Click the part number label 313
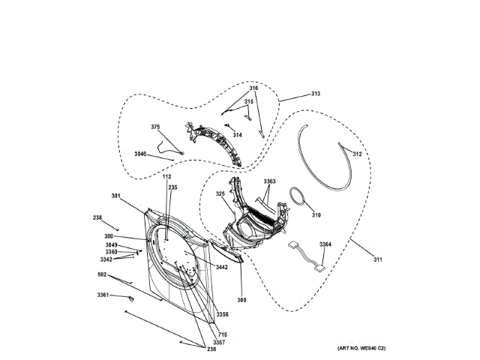click(315, 94)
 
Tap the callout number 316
click(253, 88)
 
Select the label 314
click(237, 135)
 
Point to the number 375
click(155, 127)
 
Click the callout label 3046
click(141, 154)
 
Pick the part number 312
click(357, 154)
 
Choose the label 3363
click(269, 181)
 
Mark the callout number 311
click(378, 260)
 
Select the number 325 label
click(220, 194)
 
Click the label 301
click(115, 196)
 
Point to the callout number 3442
click(221, 267)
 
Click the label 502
click(102, 274)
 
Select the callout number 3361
click(103, 295)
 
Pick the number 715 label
click(222, 334)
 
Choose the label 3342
click(106, 259)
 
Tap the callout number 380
click(109, 236)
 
